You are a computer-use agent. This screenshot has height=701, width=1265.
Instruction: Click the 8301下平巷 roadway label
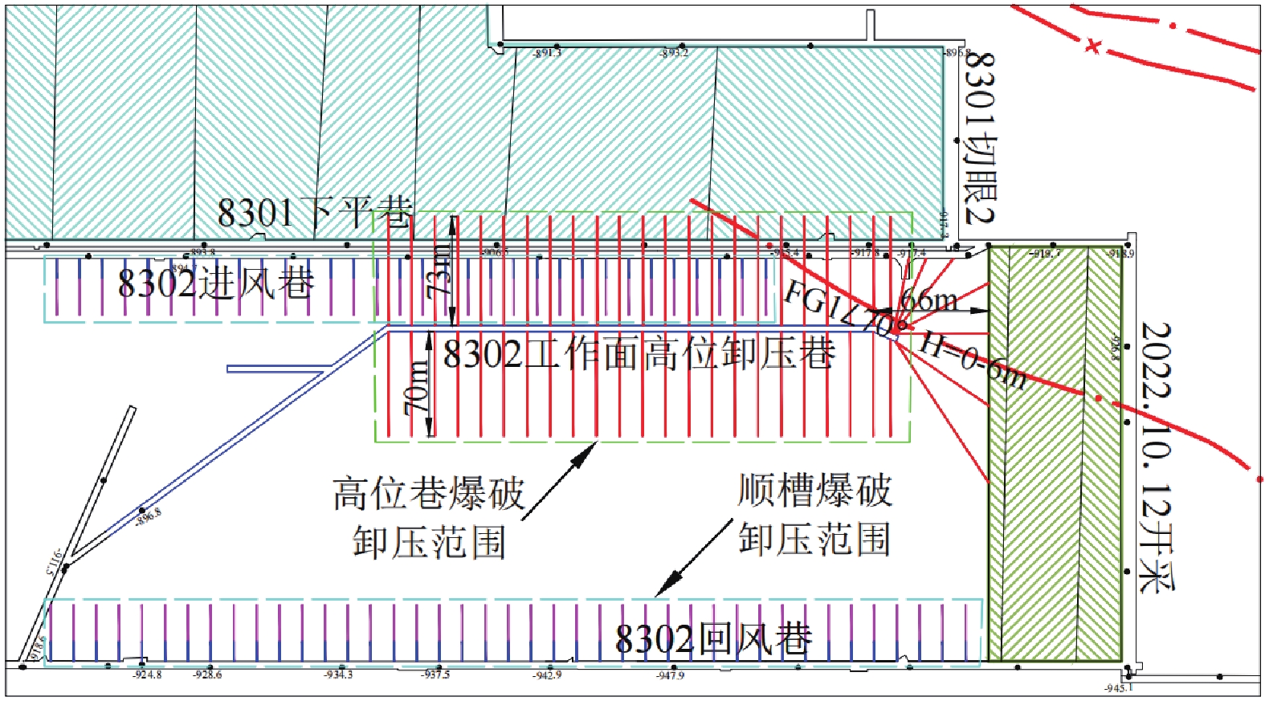click(x=315, y=213)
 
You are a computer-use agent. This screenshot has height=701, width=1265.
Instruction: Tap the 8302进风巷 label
click(x=215, y=283)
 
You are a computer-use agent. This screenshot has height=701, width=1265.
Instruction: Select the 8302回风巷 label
click(x=713, y=639)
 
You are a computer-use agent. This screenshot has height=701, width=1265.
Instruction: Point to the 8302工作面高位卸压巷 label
click(x=639, y=353)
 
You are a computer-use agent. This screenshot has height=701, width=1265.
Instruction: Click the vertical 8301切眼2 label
click(x=979, y=137)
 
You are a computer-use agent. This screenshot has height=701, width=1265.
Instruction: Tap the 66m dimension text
click(x=929, y=300)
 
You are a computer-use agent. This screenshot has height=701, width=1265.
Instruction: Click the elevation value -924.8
click(x=147, y=675)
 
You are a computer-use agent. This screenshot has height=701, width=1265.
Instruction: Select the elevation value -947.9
click(x=670, y=675)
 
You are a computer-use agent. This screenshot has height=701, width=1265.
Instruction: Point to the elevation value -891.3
click(x=548, y=53)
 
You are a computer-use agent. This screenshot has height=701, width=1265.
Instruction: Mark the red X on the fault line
click(x=1092, y=46)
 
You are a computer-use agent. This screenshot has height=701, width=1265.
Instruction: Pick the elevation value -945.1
click(x=1118, y=688)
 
